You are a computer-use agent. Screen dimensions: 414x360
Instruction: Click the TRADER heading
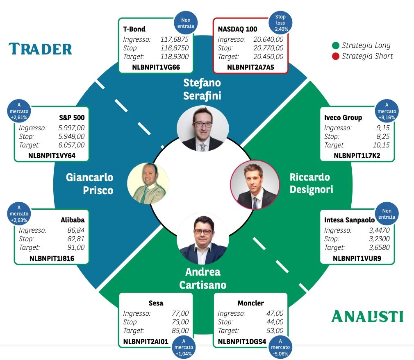click(40, 49)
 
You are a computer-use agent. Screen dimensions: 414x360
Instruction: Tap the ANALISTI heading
click(367, 316)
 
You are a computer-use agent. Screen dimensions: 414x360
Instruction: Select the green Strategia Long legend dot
click(335, 45)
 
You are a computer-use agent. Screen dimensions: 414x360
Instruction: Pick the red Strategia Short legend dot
click(335, 56)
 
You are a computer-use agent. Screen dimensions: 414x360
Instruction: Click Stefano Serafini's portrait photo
click(202, 129)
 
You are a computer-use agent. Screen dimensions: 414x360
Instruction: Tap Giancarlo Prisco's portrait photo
click(148, 183)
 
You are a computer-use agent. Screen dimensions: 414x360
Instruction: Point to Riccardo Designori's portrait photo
click(255, 185)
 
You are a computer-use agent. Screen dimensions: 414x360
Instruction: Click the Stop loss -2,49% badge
click(280, 23)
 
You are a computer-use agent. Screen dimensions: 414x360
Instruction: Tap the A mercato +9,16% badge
click(387, 111)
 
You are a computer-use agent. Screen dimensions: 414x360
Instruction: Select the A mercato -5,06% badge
click(280, 347)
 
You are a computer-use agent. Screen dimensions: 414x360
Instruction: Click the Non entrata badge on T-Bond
click(186, 23)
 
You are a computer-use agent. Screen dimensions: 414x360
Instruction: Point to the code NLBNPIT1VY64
click(52, 156)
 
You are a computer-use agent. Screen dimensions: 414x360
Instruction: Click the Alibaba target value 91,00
click(76, 247)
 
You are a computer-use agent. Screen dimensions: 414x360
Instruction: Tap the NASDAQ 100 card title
click(237, 29)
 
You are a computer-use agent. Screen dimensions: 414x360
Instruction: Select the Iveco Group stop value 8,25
click(383, 136)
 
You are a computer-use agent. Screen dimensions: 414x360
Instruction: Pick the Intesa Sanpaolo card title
click(349, 220)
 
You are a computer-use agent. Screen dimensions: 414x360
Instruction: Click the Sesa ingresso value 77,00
click(180, 313)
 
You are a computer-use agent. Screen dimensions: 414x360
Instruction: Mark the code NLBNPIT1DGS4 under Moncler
click(242, 342)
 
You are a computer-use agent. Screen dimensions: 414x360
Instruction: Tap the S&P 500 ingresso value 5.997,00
click(72, 128)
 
